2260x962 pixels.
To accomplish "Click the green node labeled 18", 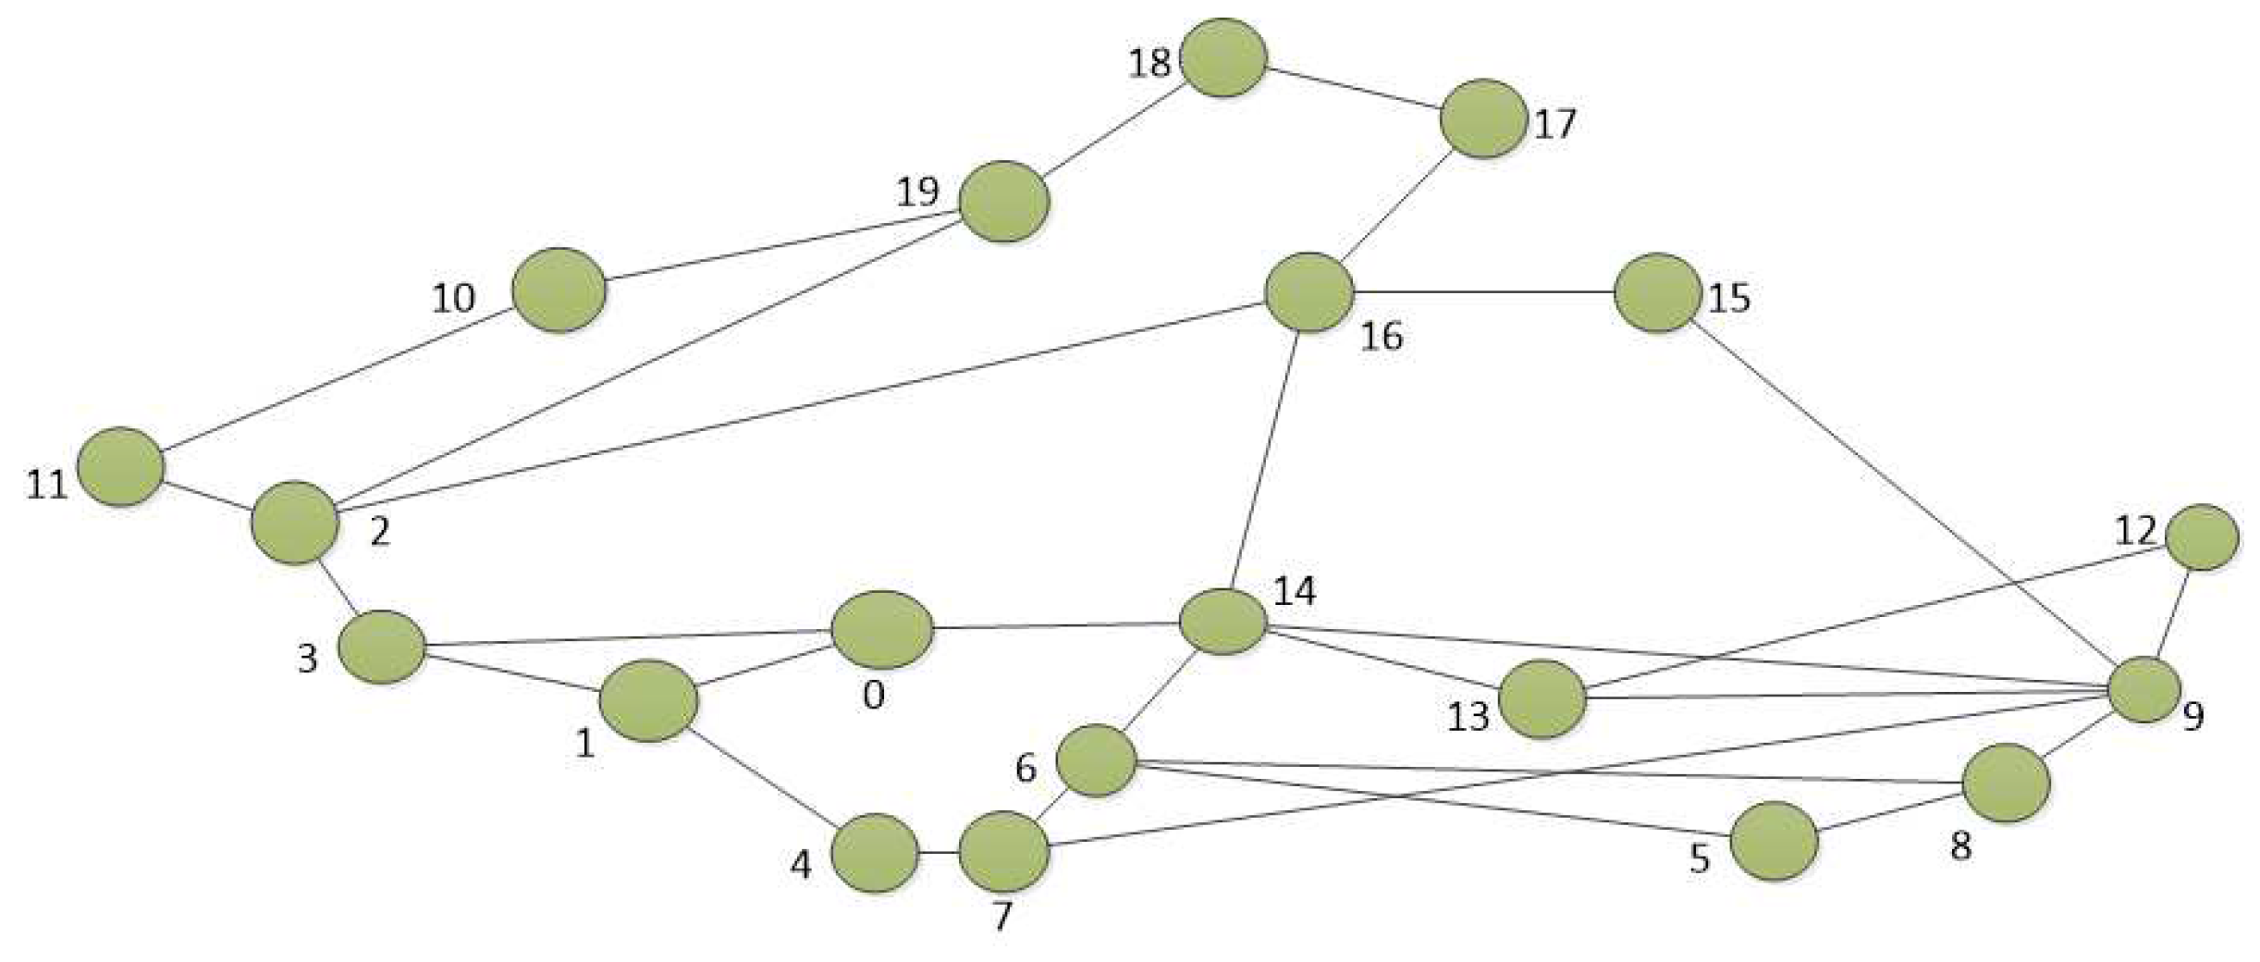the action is pyautogui.click(x=1223, y=57).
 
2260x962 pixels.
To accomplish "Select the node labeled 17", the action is pyautogui.click(x=1483, y=118).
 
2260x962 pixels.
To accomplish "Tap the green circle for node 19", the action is pyautogui.click(x=1004, y=201).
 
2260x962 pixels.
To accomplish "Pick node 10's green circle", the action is pyautogui.click(x=559, y=289).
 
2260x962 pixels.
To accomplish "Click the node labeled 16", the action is pyautogui.click(x=1308, y=292).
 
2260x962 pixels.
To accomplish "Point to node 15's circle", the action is pyautogui.click(x=1658, y=292).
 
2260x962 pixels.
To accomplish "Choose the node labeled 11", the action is pyautogui.click(x=121, y=467).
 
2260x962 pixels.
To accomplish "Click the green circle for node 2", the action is pyautogui.click(x=295, y=522).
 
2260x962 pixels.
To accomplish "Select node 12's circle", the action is pyautogui.click(x=2202, y=536).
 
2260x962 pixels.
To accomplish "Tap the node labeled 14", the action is pyautogui.click(x=1222, y=622).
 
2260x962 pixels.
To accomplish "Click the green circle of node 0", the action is pyautogui.click(x=881, y=629).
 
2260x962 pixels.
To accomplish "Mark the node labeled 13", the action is pyautogui.click(x=1541, y=698).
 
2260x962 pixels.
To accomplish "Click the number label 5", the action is pyautogui.click(x=1700, y=859).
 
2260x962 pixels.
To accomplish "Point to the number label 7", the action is pyautogui.click(x=1002, y=917).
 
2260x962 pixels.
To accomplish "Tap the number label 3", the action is pyautogui.click(x=308, y=659).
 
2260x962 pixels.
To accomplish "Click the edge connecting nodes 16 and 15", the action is pyautogui.click(x=1483, y=292).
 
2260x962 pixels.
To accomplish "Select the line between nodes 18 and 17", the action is pyautogui.click(x=1354, y=88).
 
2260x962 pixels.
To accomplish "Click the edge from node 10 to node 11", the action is pyautogui.click(x=338, y=377).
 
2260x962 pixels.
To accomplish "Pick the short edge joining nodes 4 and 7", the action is pyautogui.click(x=939, y=852).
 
